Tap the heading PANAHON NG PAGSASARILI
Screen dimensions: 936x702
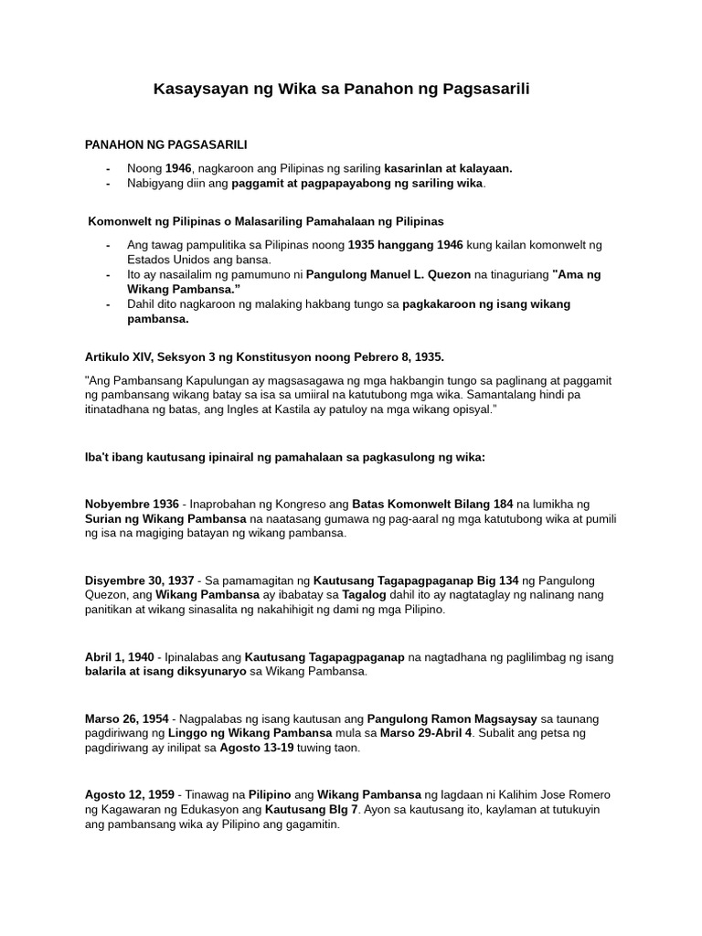(x=165, y=144)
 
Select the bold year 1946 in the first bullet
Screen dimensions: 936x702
(x=179, y=168)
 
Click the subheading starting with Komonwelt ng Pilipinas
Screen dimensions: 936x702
(x=265, y=221)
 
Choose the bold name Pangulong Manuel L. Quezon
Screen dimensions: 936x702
(x=388, y=274)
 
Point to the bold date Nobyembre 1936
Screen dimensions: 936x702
(x=132, y=504)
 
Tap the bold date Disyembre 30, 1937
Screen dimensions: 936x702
(x=139, y=580)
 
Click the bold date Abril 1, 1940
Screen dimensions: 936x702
(x=120, y=657)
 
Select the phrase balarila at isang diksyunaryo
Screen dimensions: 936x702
(x=165, y=672)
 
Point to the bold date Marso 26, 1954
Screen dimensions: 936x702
(x=126, y=718)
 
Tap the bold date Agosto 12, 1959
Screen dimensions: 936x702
(x=129, y=794)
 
